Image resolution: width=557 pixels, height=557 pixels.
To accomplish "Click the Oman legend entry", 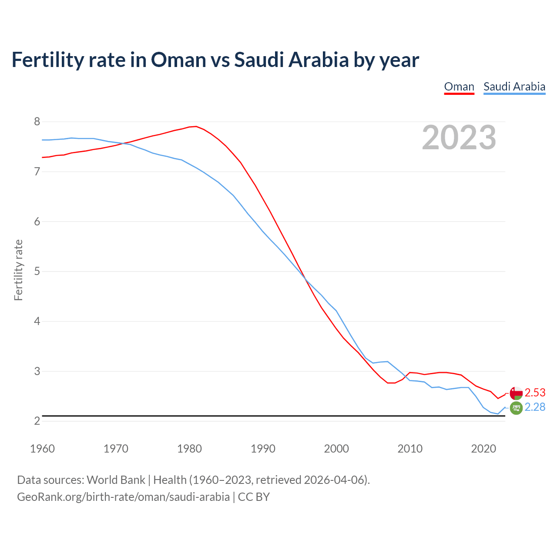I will pyautogui.click(x=459, y=87).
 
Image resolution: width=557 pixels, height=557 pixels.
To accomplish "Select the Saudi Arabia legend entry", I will pyautogui.click(x=514, y=87).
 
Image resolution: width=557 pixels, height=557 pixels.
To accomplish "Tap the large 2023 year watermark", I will pyautogui.click(x=459, y=138).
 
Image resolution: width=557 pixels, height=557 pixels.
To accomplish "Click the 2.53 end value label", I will pyautogui.click(x=535, y=393).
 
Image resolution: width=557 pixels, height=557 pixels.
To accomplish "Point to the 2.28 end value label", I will pyautogui.click(x=535, y=407).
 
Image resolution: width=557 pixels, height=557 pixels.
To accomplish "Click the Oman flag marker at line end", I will pyautogui.click(x=516, y=393).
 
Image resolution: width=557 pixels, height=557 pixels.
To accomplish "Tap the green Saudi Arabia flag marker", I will pyautogui.click(x=516, y=408).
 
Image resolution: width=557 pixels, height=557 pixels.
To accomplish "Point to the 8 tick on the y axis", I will pyautogui.click(x=37, y=122).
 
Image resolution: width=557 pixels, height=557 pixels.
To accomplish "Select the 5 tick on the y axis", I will pyautogui.click(x=37, y=272).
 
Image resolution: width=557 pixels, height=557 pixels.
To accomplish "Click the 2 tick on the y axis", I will pyautogui.click(x=37, y=421).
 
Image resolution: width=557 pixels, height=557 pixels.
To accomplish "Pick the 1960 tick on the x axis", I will pyautogui.click(x=42, y=449).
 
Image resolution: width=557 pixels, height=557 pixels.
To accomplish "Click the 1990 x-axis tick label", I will pyautogui.click(x=263, y=449).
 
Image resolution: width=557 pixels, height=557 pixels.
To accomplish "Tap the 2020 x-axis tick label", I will pyautogui.click(x=483, y=449).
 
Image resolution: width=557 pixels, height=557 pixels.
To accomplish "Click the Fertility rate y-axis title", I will pyautogui.click(x=18, y=270).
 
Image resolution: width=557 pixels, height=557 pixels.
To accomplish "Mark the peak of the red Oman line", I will pyautogui.click(x=196, y=126).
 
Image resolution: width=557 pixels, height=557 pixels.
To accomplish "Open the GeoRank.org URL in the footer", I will pyautogui.click(x=123, y=497).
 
